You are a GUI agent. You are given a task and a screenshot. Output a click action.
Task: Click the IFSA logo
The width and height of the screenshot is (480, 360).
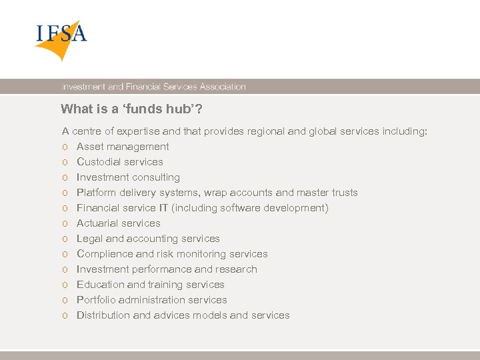click(61, 39)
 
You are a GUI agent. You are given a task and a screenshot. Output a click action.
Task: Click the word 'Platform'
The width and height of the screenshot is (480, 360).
click(97, 193)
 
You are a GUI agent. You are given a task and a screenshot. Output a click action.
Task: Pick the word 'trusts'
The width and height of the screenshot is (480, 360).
click(344, 193)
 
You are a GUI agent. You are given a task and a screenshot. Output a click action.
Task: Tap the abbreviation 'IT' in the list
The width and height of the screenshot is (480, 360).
click(163, 208)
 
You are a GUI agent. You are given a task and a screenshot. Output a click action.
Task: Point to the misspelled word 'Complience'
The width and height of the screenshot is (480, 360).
click(104, 254)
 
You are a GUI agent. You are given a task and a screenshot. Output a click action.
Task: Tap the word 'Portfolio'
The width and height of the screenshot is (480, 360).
click(97, 300)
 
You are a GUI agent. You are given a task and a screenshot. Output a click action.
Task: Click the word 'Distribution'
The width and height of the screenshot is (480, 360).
click(103, 315)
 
